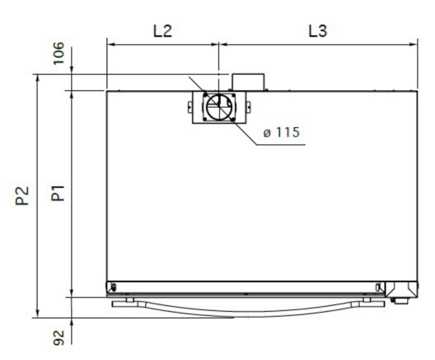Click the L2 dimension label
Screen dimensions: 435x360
(x=163, y=31)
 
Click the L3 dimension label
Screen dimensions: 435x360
(x=318, y=31)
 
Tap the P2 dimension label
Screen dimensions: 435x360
(x=22, y=195)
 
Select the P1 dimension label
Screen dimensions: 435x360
(x=58, y=193)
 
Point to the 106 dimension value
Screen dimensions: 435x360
(x=59, y=53)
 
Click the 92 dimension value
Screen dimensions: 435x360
(x=59, y=337)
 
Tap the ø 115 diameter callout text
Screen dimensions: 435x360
(x=281, y=132)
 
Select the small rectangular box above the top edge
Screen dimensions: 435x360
(x=248, y=82)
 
